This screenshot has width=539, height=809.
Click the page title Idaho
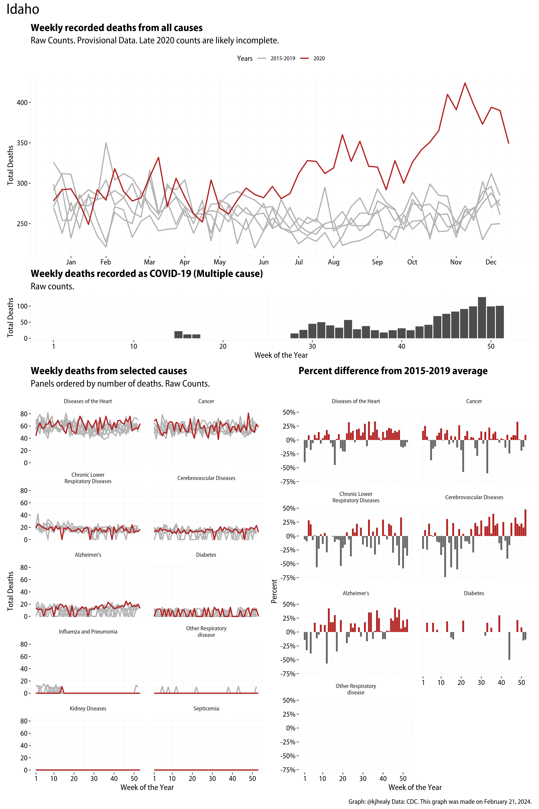pyautogui.click(x=23, y=9)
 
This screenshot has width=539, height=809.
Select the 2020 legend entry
pyautogui.click(x=319, y=58)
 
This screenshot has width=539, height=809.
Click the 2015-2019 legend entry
pyautogui.click(x=282, y=58)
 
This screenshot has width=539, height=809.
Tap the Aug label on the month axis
pyautogui.click(x=333, y=262)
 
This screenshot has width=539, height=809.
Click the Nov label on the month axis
pyautogui.click(x=456, y=262)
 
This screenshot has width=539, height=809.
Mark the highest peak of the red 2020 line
pyautogui.click(x=465, y=83)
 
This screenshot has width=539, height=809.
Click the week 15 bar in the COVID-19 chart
pyautogui.click(x=178, y=335)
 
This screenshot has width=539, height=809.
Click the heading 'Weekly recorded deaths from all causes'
pyautogui.click(x=116, y=28)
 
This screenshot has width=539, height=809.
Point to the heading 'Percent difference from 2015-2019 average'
pyautogui.click(x=393, y=371)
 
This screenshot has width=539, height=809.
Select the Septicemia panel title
pyautogui.click(x=206, y=709)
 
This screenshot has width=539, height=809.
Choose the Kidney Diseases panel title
pyautogui.click(x=88, y=709)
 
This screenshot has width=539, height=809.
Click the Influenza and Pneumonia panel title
pyautogui.click(x=88, y=631)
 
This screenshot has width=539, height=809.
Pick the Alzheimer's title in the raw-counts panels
pyautogui.click(x=88, y=555)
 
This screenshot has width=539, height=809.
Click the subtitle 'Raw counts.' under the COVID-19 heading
pyautogui.click(x=52, y=286)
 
